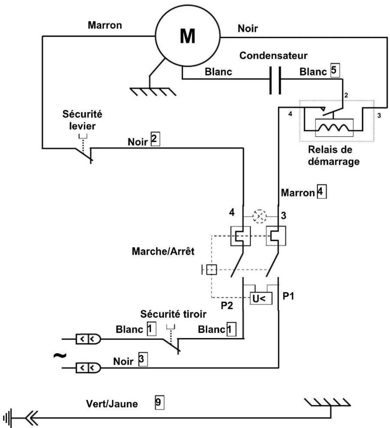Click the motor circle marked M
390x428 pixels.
click(188, 36)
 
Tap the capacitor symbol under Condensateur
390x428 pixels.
click(275, 80)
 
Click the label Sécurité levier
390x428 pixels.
click(82, 120)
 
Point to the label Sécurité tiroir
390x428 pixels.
click(173, 314)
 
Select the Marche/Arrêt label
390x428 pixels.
click(163, 251)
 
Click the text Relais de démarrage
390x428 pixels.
click(334, 156)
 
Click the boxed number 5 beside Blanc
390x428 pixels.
click(335, 71)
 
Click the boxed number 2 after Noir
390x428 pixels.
click(155, 139)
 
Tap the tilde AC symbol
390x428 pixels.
click(60, 356)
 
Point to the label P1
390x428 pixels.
click(288, 296)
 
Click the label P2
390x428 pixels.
click(227, 305)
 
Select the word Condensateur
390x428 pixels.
click(273, 55)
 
